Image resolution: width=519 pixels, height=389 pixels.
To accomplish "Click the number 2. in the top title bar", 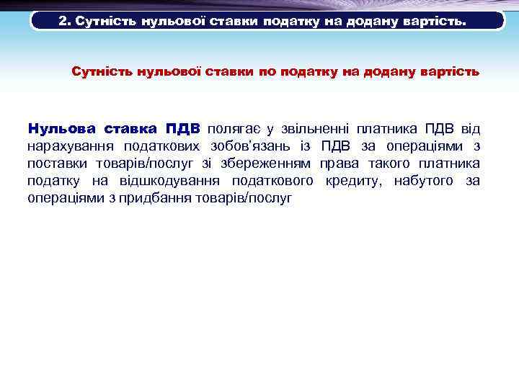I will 65,22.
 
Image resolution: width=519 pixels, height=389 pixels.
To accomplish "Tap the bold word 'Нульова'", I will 61,129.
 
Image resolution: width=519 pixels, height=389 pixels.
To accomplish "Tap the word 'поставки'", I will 53,164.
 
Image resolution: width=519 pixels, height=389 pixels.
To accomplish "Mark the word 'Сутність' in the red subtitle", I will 101,72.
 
